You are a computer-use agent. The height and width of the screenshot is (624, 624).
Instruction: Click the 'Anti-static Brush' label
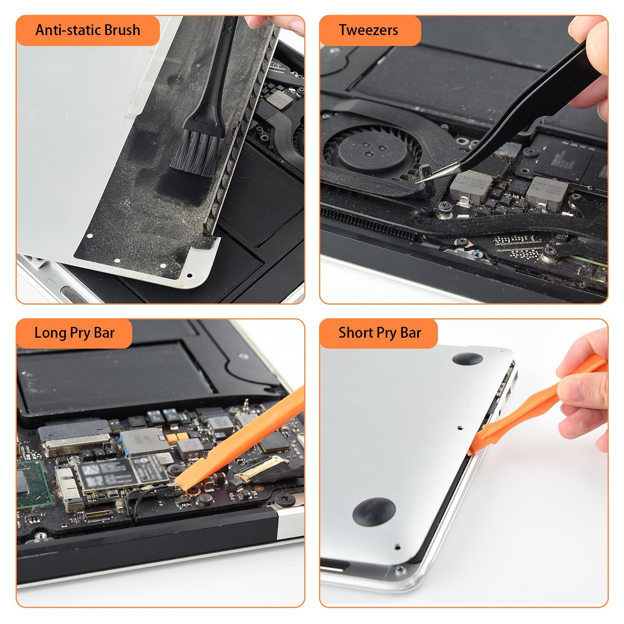(x=87, y=30)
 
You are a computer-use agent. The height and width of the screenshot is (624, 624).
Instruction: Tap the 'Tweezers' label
(x=368, y=30)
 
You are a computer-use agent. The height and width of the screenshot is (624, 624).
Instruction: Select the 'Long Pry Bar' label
(x=74, y=333)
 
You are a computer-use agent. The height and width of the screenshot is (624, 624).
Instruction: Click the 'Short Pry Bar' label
(x=379, y=333)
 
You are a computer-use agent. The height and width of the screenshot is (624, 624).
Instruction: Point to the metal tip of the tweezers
(x=421, y=180)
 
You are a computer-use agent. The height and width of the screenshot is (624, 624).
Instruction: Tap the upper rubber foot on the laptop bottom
(x=466, y=358)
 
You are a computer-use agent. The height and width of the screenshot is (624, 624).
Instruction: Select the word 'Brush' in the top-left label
(x=121, y=30)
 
